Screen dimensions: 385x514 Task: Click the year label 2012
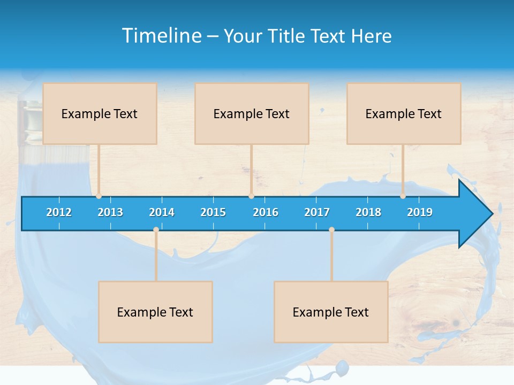pos(59,212)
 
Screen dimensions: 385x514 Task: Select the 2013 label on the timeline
pos(110,212)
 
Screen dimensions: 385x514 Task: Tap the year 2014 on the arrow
pos(162,212)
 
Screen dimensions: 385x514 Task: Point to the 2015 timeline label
pos(213,212)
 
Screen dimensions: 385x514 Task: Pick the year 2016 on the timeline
pos(266,212)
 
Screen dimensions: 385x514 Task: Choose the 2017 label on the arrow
pos(317,212)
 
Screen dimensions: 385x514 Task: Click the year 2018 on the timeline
pos(368,212)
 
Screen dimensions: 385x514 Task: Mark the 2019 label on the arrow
pos(420,212)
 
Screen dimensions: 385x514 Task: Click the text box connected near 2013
pos(100,113)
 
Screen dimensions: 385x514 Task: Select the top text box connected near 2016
pos(252,113)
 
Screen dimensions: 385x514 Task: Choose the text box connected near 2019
pos(404,113)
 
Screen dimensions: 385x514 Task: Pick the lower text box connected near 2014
pos(155,312)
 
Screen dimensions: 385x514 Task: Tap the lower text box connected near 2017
pos(331,312)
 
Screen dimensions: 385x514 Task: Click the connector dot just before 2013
pos(99,196)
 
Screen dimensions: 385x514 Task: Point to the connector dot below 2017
pos(331,230)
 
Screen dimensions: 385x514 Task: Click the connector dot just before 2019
pos(403,196)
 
